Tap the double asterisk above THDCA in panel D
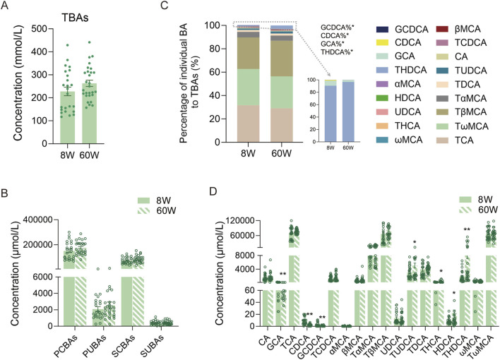[447, 229]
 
